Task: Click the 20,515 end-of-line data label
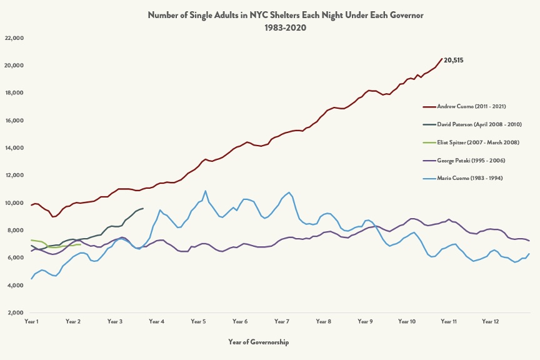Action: [x=453, y=60]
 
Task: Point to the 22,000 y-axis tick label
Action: [x=14, y=38]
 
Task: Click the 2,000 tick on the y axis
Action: [x=15, y=313]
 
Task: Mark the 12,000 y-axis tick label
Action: [x=14, y=176]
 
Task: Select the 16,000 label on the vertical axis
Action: [x=14, y=121]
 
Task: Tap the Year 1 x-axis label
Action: [x=31, y=321]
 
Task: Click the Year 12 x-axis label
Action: [x=491, y=321]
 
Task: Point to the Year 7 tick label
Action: [x=282, y=321]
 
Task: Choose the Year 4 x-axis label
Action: [x=156, y=321]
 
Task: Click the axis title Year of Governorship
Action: [x=258, y=342]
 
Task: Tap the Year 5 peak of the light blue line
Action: [x=205, y=191]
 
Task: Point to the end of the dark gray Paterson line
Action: [x=143, y=208]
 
